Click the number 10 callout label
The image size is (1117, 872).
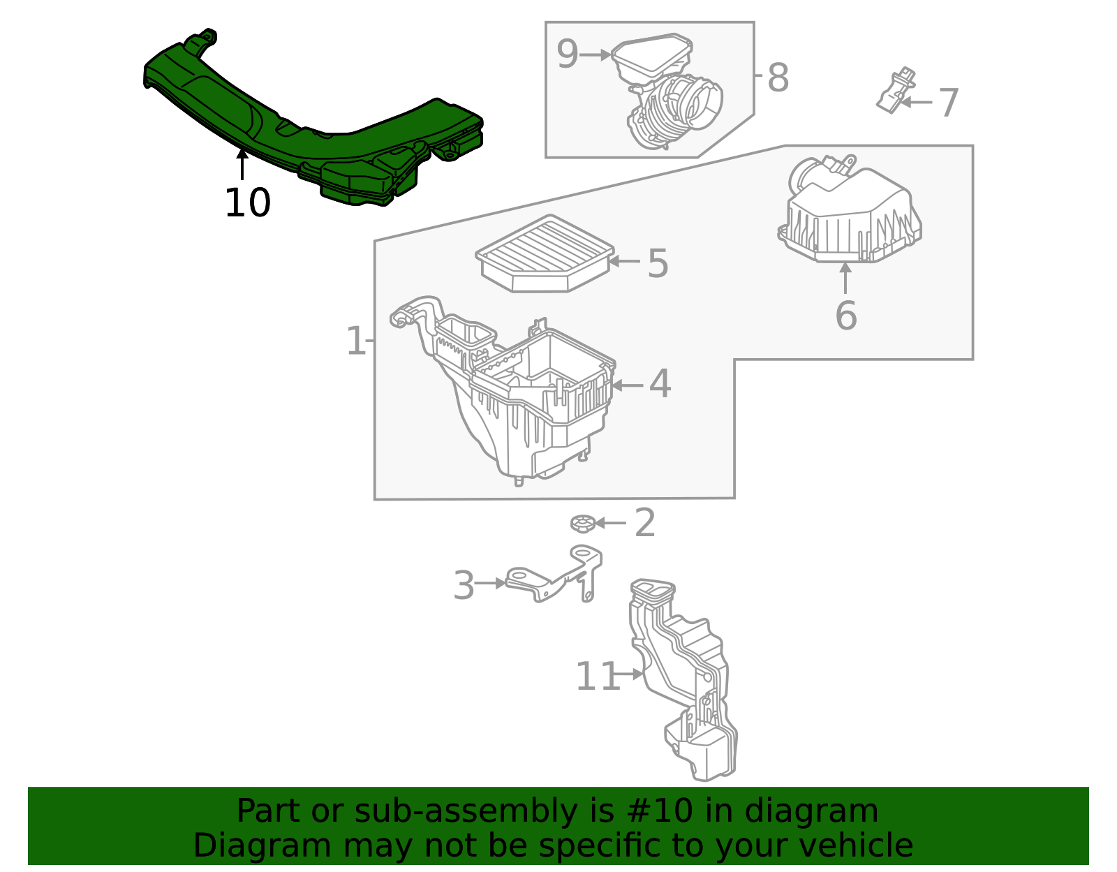[x=247, y=203]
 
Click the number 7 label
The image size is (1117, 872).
[x=949, y=103]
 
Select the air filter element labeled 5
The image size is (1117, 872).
[x=545, y=253]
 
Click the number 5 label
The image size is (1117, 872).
[x=658, y=263]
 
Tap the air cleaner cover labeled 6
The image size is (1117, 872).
[x=848, y=213]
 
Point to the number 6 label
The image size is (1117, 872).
[x=845, y=316]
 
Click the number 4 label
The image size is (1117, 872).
[x=660, y=385]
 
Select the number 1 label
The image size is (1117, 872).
[x=355, y=341]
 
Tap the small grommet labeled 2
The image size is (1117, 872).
[x=581, y=523]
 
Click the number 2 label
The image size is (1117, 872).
[x=645, y=523]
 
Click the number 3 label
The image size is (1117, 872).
[x=464, y=585]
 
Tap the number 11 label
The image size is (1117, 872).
[x=598, y=677]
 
